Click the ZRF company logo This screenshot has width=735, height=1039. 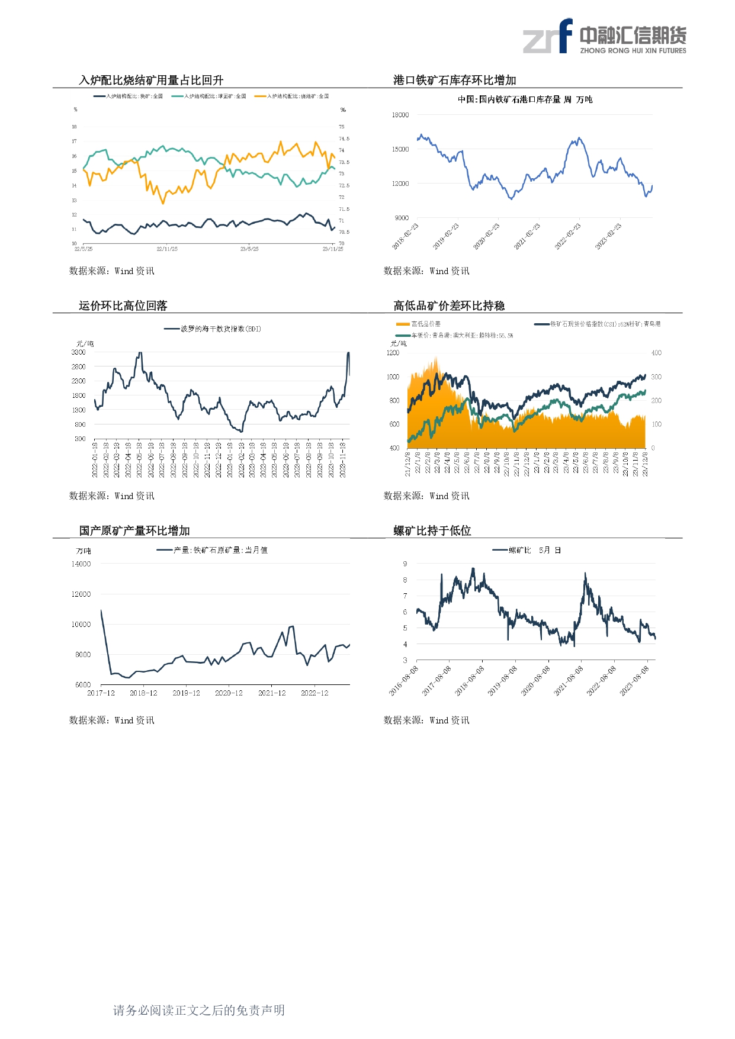point(604,37)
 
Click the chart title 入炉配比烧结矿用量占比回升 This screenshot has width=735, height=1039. point(151,81)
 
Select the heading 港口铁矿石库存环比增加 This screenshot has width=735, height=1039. point(455,81)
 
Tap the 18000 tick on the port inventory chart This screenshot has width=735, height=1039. point(400,115)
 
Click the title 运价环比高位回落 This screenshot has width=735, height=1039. point(123,305)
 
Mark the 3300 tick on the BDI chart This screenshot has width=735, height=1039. point(79,352)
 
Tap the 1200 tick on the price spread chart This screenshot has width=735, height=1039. point(393,353)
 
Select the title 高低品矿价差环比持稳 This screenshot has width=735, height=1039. point(449,305)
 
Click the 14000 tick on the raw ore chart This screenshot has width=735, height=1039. point(81,564)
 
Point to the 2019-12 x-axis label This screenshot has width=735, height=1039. point(186,693)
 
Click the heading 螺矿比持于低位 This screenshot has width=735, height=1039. point(432,530)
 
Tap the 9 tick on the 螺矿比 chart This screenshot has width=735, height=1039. point(405,564)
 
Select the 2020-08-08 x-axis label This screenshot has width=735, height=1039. point(535,681)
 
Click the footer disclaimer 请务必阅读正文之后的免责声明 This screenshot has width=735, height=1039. point(199,1010)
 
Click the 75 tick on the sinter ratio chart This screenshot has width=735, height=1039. point(342,127)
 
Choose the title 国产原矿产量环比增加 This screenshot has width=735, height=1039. point(134,530)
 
